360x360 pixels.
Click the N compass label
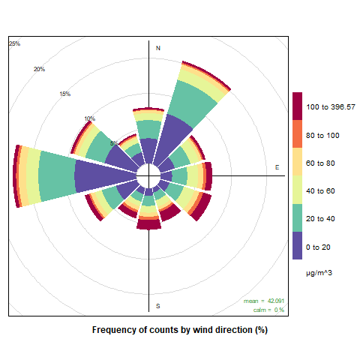(x=158, y=48)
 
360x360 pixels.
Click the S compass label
(x=158, y=306)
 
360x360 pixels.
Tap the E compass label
(x=277, y=167)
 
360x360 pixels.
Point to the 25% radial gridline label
(x=14, y=43)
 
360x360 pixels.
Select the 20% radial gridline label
(x=39, y=69)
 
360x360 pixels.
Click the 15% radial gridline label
(x=65, y=94)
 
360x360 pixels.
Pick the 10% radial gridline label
(x=90, y=118)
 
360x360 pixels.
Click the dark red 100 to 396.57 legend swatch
(x=297, y=106)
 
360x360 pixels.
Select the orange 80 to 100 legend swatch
(x=297, y=134)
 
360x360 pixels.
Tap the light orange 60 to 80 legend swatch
(x=297, y=162)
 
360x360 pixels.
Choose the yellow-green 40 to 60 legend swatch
(x=297, y=190)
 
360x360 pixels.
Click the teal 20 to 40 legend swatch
(x=297, y=217)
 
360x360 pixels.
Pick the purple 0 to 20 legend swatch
(x=297, y=245)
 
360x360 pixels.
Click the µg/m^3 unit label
(x=319, y=273)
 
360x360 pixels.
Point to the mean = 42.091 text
(x=264, y=301)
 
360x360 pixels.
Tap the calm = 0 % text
(x=268, y=310)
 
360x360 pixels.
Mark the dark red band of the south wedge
(x=148, y=224)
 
